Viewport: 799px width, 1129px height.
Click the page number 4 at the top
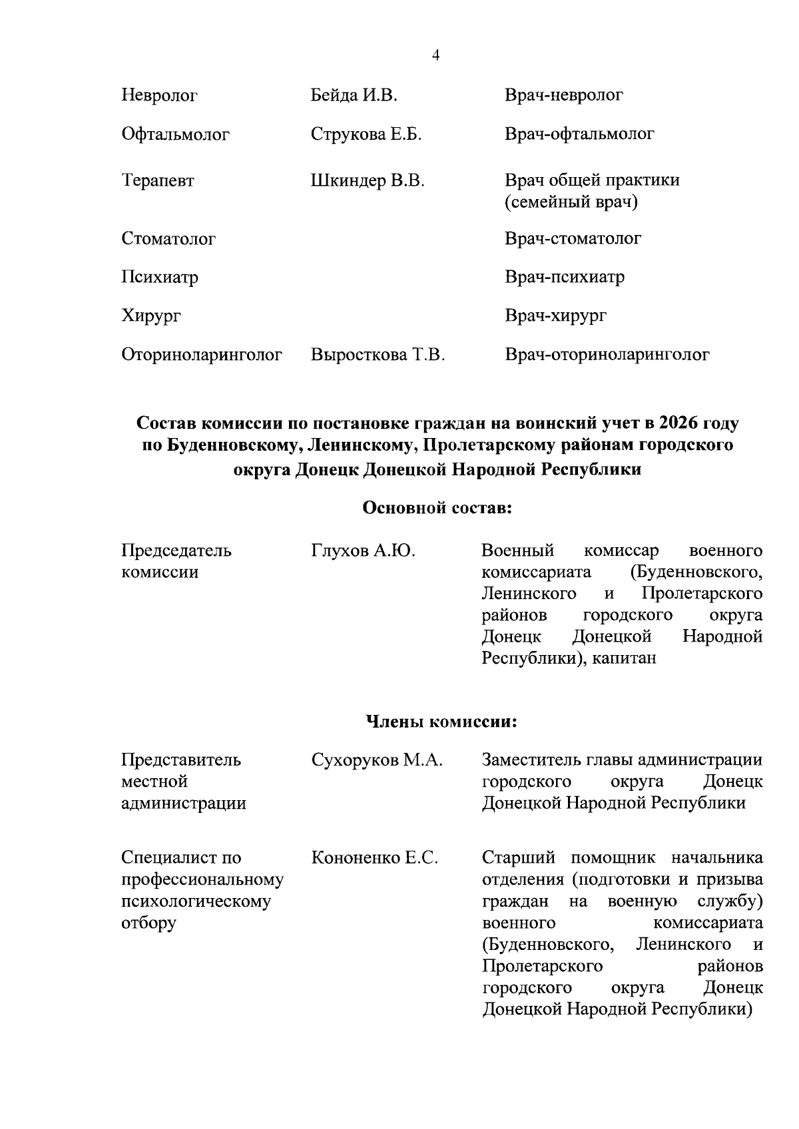tap(435, 56)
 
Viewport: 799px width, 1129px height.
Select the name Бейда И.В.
tap(354, 96)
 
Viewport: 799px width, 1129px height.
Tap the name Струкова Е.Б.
tap(366, 134)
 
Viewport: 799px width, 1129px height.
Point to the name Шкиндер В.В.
tap(368, 180)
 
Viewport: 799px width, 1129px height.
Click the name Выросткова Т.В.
tap(378, 355)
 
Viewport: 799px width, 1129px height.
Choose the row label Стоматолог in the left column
tap(168, 239)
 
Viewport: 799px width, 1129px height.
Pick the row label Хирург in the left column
tap(151, 316)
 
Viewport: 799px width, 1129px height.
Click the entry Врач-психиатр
tap(564, 277)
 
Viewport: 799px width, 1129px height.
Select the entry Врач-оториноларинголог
tap(607, 355)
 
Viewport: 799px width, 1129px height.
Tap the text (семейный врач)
tap(571, 202)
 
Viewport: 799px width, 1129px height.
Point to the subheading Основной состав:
tap(437, 509)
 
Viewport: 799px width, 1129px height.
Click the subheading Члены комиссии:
tap(441, 722)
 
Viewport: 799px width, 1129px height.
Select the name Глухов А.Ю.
tap(363, 551)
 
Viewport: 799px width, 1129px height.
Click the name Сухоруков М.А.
tap(377, 760)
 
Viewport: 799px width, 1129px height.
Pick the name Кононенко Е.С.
tap(374, 858)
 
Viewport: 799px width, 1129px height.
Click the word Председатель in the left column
tap(176, 551)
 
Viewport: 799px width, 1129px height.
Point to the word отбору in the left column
tap(148, 923)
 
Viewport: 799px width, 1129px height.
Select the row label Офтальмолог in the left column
tap(175, 135)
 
